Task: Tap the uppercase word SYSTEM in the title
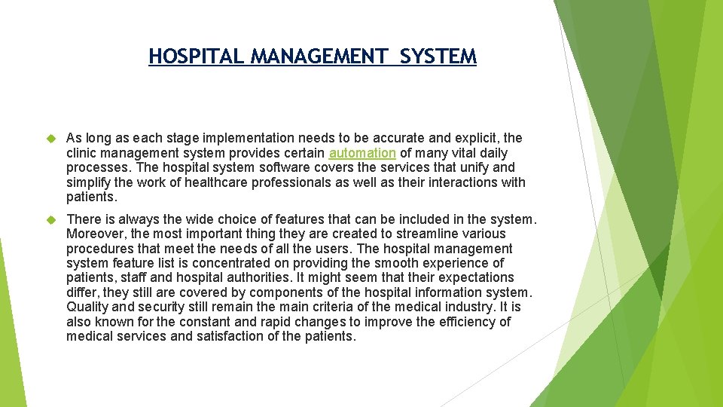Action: (439, 57)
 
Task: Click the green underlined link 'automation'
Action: (362, 153)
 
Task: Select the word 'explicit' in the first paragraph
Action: (477, 139)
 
